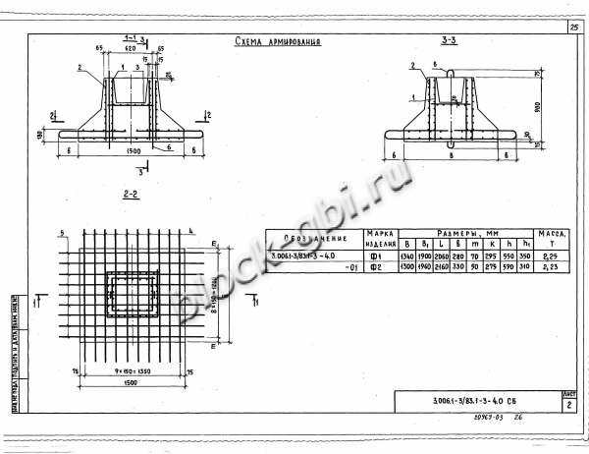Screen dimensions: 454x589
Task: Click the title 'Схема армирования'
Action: [x=279, y=42]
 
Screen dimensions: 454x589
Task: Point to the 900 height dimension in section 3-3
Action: [x=538, y=104]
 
